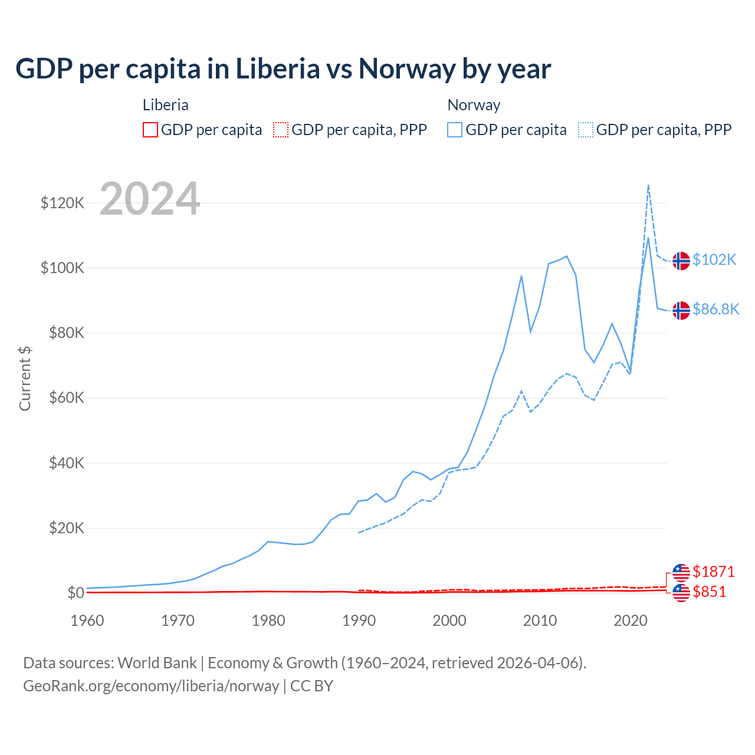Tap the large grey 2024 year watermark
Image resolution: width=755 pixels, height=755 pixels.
150,199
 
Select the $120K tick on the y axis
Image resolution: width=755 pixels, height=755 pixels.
63,203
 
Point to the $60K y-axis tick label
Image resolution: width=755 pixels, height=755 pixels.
65,398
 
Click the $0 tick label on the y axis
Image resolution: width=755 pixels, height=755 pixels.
75,593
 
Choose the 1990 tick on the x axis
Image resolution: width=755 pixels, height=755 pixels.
359,621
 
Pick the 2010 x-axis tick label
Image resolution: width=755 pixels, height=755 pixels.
540,621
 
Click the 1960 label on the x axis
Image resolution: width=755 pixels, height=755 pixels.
87,621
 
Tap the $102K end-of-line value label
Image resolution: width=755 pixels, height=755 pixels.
714,260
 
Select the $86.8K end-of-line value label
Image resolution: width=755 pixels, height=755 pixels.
715,310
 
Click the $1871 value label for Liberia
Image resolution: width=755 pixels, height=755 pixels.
713,572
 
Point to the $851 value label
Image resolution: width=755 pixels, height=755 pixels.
709,592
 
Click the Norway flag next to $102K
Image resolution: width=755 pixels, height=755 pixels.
681,261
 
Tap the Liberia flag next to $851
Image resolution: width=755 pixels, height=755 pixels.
681,593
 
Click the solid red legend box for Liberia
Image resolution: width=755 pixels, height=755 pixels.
150,130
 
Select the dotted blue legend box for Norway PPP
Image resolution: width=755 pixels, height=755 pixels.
586,130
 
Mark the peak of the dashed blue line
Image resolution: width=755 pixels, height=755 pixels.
648,185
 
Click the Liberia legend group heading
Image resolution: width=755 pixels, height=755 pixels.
166,105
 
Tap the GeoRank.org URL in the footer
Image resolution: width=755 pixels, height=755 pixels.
151,686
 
